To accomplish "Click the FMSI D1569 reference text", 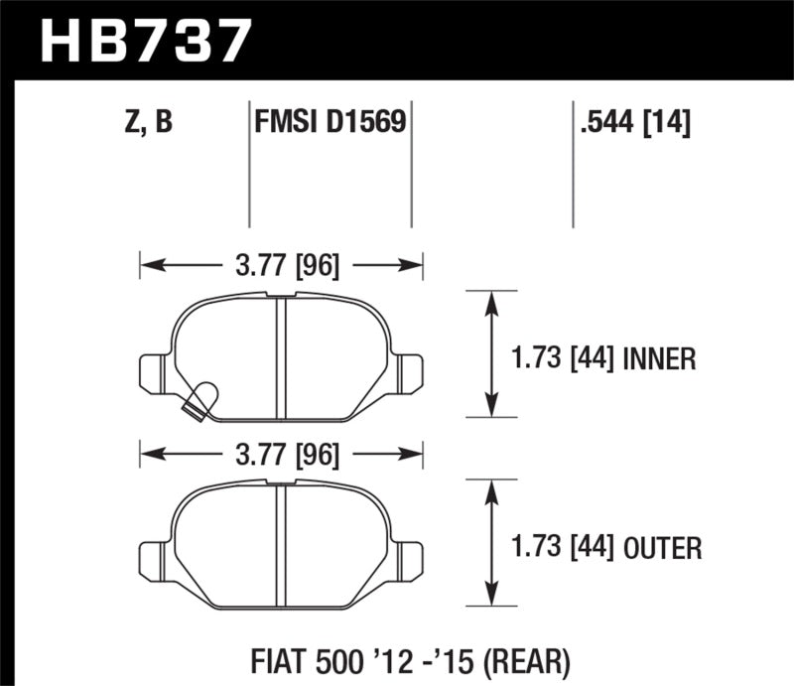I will pyautogui.click(x=329, y=122).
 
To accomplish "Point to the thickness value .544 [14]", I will pyautogui.click(x=632, y=122).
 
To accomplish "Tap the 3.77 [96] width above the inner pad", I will pyautogui.click(x=283, y=265).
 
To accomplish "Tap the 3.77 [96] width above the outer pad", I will pyautogui.click(x=283, y=456).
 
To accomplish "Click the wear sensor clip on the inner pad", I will pyautogui.click(x=201, y=399).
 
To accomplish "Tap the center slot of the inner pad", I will pyautogui.click(x=280, y=353).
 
